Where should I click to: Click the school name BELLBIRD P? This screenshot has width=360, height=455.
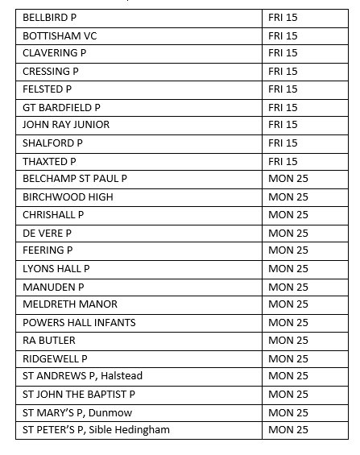52,17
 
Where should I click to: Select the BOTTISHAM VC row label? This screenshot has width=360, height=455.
60,35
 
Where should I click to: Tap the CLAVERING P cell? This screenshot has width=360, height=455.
55,53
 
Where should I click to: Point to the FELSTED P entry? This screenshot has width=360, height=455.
48,89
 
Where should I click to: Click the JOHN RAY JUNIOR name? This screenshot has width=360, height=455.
66,125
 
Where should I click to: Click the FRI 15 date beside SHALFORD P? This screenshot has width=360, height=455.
283,143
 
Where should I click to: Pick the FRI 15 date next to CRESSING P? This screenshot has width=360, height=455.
283,71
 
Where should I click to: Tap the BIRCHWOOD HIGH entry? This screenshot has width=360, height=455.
68,196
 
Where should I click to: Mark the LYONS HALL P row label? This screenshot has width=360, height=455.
56,268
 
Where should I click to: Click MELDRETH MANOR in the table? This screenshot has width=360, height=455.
70,304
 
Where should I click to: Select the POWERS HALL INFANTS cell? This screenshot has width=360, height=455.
79,322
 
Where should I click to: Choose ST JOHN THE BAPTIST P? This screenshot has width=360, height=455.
79,394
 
